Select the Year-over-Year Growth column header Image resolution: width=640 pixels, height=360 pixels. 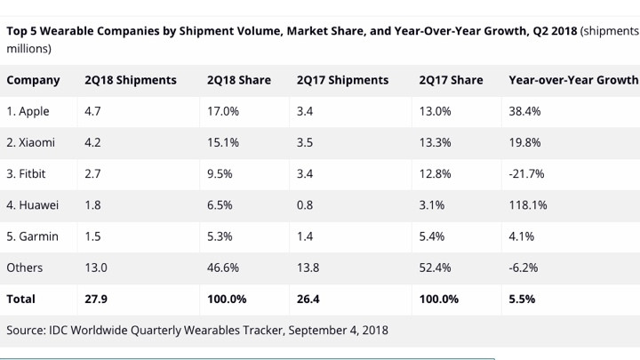click(572, 80)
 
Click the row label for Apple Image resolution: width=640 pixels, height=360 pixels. click(28, 111)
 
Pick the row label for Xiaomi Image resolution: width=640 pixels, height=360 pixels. click(31, 142)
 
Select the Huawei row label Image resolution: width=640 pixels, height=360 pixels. click(33, 204)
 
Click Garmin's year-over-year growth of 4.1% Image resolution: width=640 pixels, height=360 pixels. click(521, 236)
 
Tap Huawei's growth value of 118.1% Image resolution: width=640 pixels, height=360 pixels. click(527, 204)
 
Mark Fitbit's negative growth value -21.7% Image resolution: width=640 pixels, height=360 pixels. click(526, 173)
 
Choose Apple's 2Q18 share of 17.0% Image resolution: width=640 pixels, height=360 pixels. click(222, 111)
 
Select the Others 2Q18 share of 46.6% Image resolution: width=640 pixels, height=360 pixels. click(222, 267)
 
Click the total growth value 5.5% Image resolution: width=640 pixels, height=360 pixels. click(522, 299)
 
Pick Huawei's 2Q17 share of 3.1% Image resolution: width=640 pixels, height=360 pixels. click(432, 204)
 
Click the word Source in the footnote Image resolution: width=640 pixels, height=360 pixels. click(27, 330)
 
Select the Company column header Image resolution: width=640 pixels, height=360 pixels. click(33, 80)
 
